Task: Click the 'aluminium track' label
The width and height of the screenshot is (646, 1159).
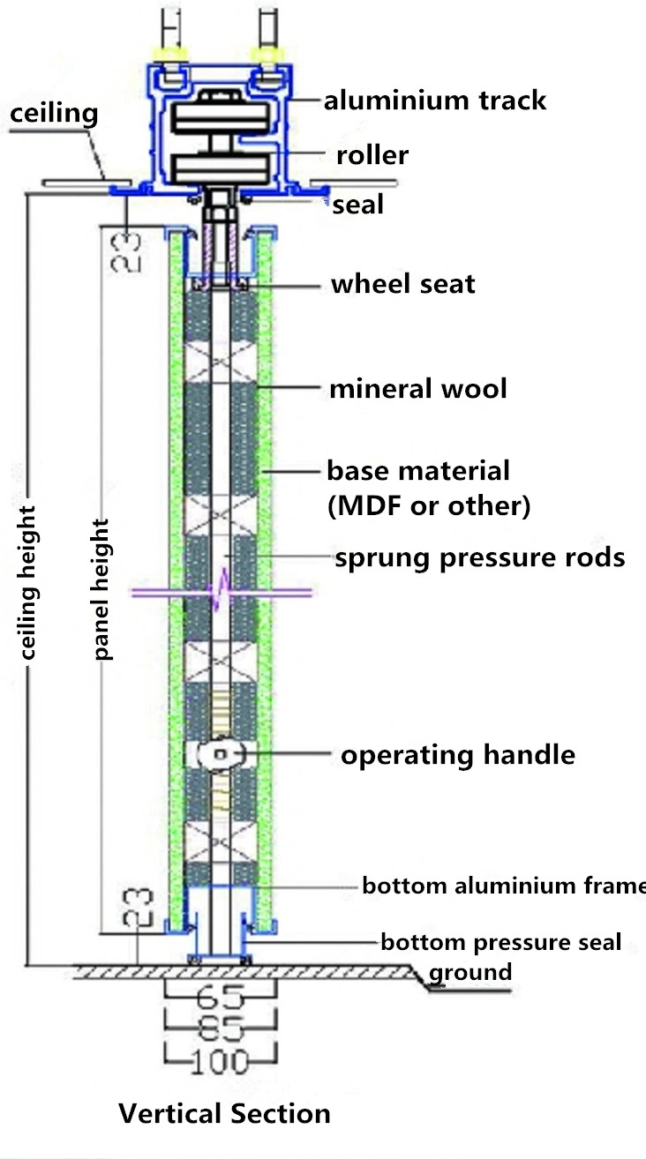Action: click(x=434, y=101)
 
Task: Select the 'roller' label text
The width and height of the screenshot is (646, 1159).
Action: click(x=372, y=156)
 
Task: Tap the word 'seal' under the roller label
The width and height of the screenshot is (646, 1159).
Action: click(x=357, y=205)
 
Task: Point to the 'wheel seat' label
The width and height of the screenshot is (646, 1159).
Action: click(x=402, y=284)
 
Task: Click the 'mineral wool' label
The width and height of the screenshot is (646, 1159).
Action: click(x=417, y=388)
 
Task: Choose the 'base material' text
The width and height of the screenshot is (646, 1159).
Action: click(x=418, y=470)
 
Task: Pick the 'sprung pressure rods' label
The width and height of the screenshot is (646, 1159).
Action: click(x=479, y=557)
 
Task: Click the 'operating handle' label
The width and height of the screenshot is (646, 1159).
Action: click(x=458, y=755)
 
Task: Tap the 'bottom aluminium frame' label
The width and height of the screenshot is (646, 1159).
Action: click(x=503, y=886)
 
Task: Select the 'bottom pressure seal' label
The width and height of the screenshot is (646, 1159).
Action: click(x=500, y=942)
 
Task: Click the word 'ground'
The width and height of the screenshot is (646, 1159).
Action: click(x=469, y=972)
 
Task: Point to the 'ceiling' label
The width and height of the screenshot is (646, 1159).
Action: click(x=54, y=113)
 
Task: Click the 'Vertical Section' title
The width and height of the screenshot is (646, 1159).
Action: click(x=224, y=1113)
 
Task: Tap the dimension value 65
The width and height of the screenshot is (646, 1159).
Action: click(x=221, y=1000)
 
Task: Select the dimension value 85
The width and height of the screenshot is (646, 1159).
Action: click(x=221, y=1028)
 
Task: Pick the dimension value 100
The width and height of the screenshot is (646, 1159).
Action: click(x=221, y=1058)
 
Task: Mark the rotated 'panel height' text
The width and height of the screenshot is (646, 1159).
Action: click(x=102, y=589)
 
